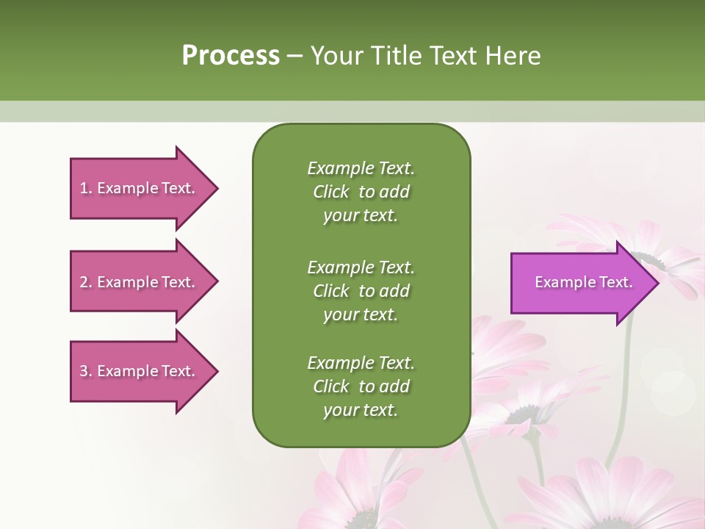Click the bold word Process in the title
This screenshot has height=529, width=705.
pos(231,56)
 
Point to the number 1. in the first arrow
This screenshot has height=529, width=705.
pos(86,188)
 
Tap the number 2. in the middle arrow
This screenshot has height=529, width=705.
pos(86,282)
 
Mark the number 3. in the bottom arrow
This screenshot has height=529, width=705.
pos(86,371)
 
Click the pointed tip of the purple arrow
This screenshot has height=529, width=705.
pos(656,283)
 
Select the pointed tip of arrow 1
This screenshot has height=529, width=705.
pos(215,188)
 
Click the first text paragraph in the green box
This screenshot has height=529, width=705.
pos(361,192)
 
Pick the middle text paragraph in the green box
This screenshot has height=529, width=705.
pos(361,290)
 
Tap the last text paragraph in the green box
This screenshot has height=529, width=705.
pos(361,386)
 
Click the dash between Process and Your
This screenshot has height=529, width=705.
pos(295,57)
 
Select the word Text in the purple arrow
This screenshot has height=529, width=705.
pos(616,282)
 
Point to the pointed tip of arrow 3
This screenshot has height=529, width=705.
pos(215,371)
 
